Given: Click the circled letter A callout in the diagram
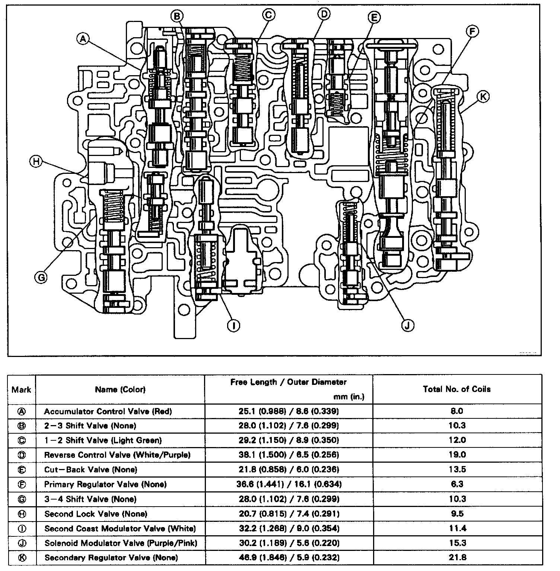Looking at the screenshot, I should [83, 38].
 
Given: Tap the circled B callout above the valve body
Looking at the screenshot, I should [177, 16].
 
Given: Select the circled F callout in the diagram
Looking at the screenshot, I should [472, 32].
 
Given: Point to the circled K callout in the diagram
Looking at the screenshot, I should [483, 97].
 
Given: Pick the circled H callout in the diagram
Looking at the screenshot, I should [36, 162].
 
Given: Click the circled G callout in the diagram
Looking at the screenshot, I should [41, 277].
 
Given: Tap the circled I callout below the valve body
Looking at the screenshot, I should [233, 325].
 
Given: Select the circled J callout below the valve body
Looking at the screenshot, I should [407, 325].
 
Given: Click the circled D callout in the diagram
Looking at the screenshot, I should [324, 14].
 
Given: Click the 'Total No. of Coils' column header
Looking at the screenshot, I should [456, 389].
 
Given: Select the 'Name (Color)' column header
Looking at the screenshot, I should [120, 389].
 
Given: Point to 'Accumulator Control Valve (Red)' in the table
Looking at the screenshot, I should [108, 411].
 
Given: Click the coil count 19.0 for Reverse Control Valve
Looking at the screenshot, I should [457, 454].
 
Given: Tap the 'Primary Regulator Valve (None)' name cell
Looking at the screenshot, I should [105, 484].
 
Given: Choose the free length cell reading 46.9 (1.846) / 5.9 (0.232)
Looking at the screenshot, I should [289, 558].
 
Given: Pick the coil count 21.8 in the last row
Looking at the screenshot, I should [457, 558].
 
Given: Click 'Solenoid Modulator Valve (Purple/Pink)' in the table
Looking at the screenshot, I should [121, 543].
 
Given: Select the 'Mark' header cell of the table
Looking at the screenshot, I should [22, 389].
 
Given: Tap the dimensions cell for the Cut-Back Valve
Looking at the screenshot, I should [289, 469].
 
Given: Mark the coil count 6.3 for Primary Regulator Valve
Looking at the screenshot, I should [457, 484].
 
